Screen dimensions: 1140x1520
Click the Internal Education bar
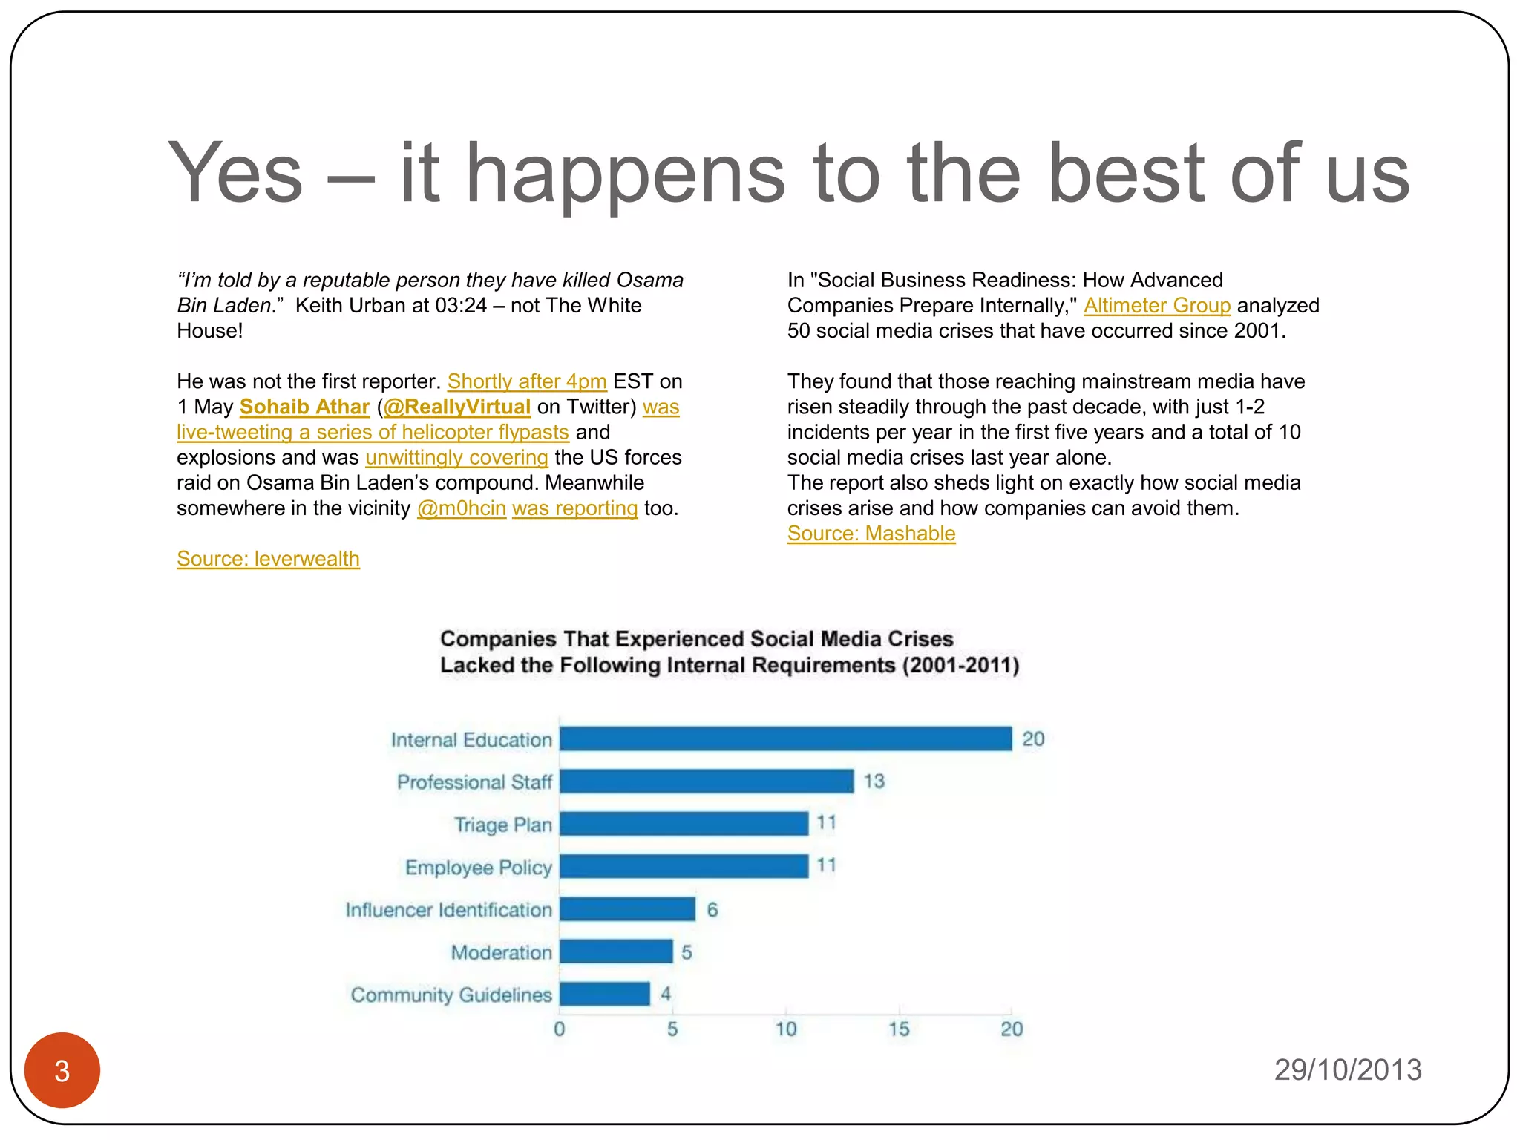click(785, 738)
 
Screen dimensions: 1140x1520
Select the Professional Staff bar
click(707, 781)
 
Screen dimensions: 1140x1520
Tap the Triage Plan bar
click(684, 823)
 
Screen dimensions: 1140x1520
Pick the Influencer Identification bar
click(627, 908)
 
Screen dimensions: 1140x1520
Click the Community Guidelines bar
click(605, 994)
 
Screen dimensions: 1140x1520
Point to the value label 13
click(874, 781)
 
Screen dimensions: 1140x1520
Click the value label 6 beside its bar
click(712, 909)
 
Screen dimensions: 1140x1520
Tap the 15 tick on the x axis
click(898, 1029)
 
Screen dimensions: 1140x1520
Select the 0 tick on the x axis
click(560, 1029)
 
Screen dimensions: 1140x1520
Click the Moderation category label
click(501, 952)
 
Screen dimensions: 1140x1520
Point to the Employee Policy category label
click(478, 867)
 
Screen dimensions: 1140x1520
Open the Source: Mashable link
click(871, 534)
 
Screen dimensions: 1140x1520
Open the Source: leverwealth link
click(268, 559)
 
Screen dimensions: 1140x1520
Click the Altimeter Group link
click(1156, 306)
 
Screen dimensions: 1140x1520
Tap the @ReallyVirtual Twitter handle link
click(456, 407)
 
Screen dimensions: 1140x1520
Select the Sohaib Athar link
click(304, 407)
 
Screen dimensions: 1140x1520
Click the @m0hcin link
click(461, 508)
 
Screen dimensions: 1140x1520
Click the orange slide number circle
click(62, 1069)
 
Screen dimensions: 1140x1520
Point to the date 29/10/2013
click(1347, 1069)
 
